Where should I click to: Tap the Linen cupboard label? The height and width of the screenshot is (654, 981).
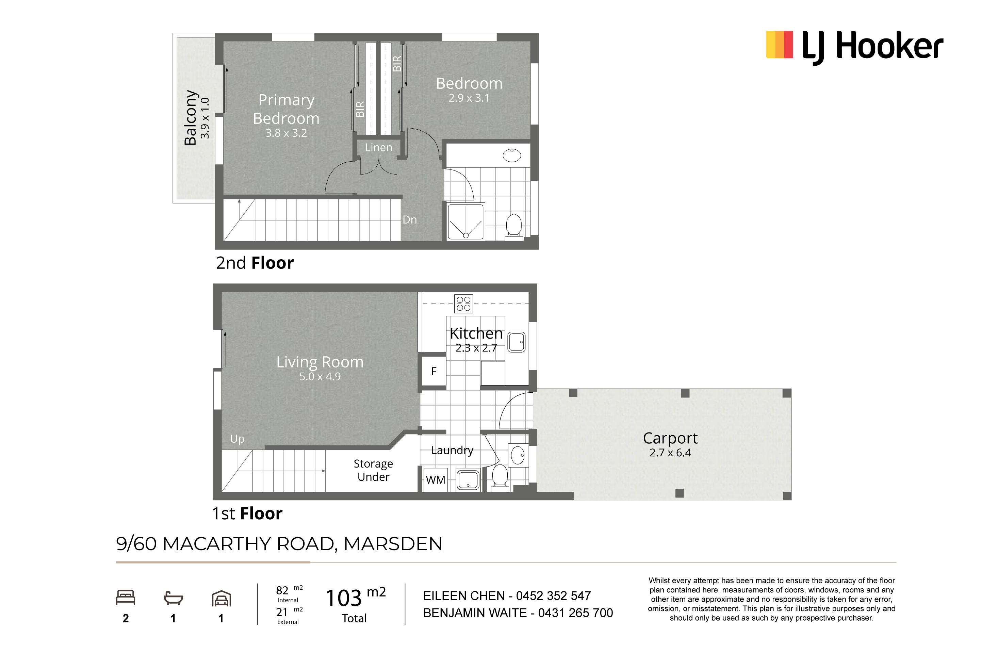378,148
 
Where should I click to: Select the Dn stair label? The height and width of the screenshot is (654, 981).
410,220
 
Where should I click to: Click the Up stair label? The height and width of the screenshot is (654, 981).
237,439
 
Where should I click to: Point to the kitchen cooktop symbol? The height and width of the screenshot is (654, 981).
463,304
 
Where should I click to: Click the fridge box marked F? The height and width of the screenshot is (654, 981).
434,371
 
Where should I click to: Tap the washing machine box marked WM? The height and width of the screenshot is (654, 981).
436,480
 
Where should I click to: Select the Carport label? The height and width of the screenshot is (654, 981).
670,438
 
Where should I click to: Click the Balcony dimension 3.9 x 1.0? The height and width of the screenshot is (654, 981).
205,118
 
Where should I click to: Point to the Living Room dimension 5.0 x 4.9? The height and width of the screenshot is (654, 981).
320,377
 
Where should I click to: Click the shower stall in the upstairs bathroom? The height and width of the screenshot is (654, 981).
466,222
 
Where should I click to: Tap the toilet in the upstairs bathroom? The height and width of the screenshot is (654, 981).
514,227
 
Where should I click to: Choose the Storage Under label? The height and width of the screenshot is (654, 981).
373,470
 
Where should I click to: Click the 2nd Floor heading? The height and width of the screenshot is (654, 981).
255,263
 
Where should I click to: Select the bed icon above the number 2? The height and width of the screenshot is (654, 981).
126,598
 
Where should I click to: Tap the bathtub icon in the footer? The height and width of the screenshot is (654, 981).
174,598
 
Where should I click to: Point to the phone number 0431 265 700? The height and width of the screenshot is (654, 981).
576,613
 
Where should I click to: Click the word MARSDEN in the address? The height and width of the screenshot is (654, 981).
393,544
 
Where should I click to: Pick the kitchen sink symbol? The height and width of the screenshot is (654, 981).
516,342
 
